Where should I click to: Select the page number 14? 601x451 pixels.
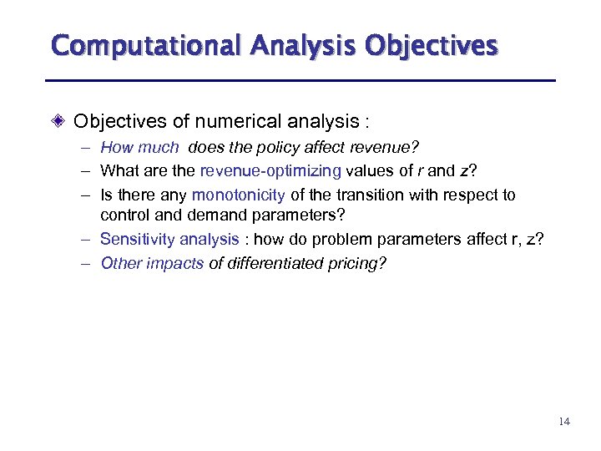tap(564, 421)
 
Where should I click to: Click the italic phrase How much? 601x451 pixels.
tap(139, 149)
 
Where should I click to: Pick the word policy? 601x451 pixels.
tap(297, 149)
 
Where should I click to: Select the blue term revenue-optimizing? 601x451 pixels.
tap(270, 172)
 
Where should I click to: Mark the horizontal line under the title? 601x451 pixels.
tap(300, 80)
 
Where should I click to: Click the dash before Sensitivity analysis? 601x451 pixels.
tap(87, 240)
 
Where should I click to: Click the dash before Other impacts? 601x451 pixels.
tap(87, 263)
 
